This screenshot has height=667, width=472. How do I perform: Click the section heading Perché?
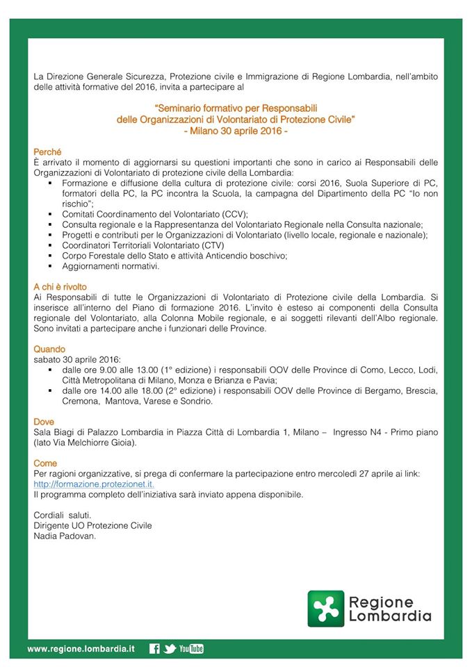coord(47,151)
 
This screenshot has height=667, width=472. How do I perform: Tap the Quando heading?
coord(49,349)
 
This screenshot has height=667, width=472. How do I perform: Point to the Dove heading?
coord(44,422)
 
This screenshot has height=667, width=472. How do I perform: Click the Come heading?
coord(45,463)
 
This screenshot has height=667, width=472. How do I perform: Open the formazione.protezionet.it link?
coord(94,484)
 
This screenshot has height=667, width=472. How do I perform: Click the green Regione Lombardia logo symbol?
coord(326,609)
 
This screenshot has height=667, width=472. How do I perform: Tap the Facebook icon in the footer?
coord(154,648)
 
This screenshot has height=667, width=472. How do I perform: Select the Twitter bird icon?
coord(170,648)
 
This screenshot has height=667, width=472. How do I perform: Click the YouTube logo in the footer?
coord(191,648)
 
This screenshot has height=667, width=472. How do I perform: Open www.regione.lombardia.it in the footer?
coord(81,648)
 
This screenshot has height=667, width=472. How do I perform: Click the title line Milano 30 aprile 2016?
coord(236,130)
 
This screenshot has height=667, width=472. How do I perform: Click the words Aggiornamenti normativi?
coord(111,266)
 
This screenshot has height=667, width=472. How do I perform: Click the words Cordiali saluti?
coord(62,515)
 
